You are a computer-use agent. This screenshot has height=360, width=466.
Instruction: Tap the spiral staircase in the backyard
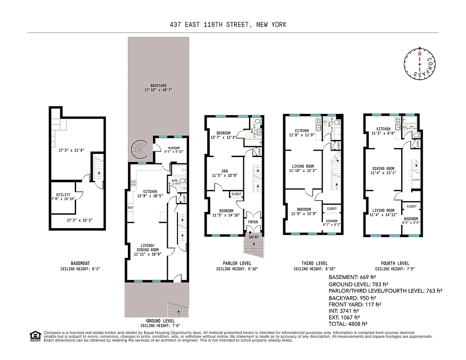click(140, 150)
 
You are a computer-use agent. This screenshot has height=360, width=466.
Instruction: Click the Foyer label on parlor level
click(253, 222)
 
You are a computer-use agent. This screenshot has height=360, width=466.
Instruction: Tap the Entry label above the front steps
click(254, 237)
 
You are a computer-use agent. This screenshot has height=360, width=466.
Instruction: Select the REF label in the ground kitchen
click(131, 208)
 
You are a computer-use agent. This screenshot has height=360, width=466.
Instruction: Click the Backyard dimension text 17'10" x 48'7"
click(158, 90)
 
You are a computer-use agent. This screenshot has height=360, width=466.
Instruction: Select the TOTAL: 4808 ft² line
click(348, 323)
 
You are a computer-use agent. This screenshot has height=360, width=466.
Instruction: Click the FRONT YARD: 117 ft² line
click(355, 304)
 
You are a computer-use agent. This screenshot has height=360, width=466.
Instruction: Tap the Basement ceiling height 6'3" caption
click(80, 269)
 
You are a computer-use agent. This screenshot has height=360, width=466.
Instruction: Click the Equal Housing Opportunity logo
click(34, 336)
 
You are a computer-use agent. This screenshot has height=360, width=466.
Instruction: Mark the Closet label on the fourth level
click(411, 206)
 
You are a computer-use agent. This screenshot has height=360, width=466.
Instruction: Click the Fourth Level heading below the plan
click(394, 263)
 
